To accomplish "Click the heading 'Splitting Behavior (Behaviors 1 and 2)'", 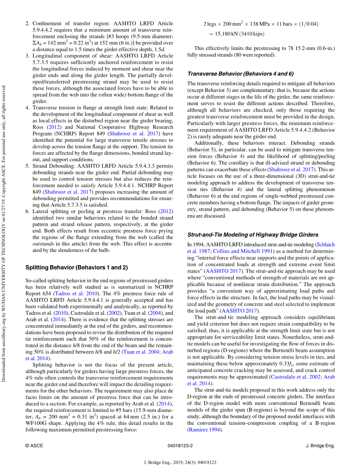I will coord(76,267).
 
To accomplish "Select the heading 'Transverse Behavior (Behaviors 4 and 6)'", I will coord(240,74).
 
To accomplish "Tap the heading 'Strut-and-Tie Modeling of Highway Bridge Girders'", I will coord(253,235).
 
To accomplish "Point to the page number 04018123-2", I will coord(180,446).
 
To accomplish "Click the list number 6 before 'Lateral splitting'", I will coord(27,211).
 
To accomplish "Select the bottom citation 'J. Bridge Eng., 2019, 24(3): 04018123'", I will coord(180,462).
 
